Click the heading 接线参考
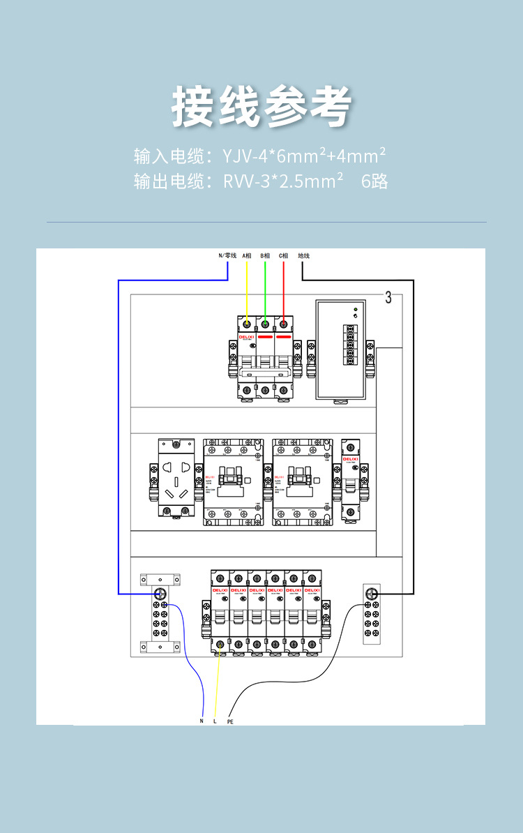tap(261, 107)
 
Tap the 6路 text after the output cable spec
tap(374, 182)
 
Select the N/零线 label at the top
tap(228, 256)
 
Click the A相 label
tap(247, 256)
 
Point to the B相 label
tap(266, 256)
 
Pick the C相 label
tap(284, 256)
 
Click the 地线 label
tap(303, 256)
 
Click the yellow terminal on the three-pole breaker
tap(248, 324)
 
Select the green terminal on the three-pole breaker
tap(266, 324)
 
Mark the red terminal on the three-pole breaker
tap(284, 324)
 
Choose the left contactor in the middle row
tap(233, 481)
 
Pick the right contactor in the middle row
tap(303, 481)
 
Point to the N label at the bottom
tap(202, 721)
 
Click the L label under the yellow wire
tap(215, 721)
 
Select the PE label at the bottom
tap(230, 721)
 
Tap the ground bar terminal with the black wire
tap(371, 594)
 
